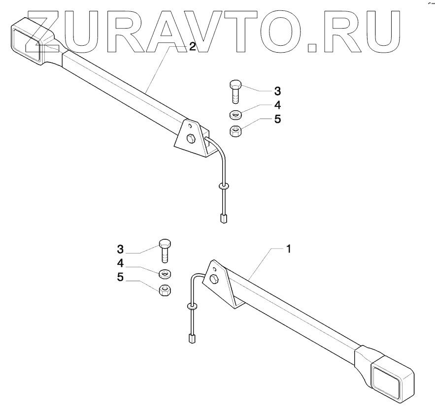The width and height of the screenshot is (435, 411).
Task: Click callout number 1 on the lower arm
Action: pyautogui.click(x=289, y=249)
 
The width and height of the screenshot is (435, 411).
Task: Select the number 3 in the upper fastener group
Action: pyautogui.click(x=277, y=91)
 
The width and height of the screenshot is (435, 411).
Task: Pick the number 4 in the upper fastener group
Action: pyautogui.click(x=277, y=105)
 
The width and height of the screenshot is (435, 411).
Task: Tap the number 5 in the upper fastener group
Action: pyautogui.click(x=277, y=119)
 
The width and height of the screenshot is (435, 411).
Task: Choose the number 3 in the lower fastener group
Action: pyautogui.click(x=120, y=248)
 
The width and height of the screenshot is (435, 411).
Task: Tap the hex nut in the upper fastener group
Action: pyautogui.click(x=235, y=131)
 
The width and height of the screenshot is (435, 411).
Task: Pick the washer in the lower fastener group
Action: pyautogui.click(x=165, y=273)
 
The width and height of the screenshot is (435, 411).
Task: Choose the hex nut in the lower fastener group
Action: pyautogui.click(x=165, y=289)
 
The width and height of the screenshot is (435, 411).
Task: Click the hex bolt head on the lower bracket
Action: pyautogui.click(x=214, y=279)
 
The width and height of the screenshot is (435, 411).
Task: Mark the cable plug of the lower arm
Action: pyautogui.click(x=191, y=338)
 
